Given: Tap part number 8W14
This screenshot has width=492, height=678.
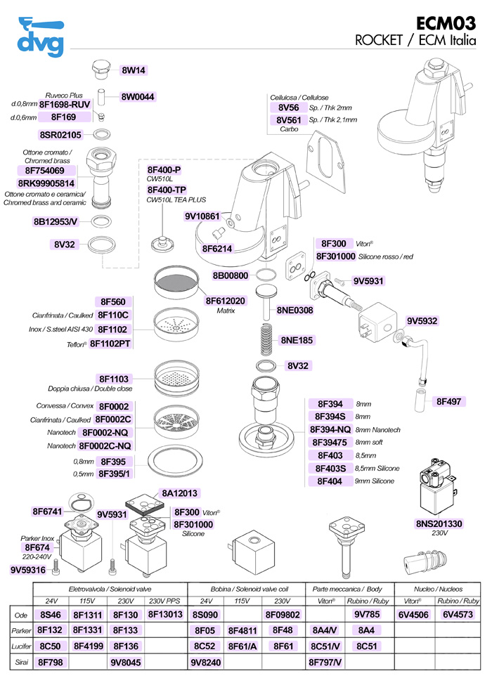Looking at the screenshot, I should (x=134, y=70).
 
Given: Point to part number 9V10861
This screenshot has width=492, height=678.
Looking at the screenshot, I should (x=203, y=216).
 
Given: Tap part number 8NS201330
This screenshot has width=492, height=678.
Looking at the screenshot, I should (x=439, y=523).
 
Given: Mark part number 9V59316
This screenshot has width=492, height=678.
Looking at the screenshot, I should (x=28, y=570).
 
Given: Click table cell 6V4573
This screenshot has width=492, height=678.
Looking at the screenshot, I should (x=458, y=615).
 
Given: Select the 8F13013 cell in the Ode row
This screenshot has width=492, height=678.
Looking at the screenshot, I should (x=166, y=615).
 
